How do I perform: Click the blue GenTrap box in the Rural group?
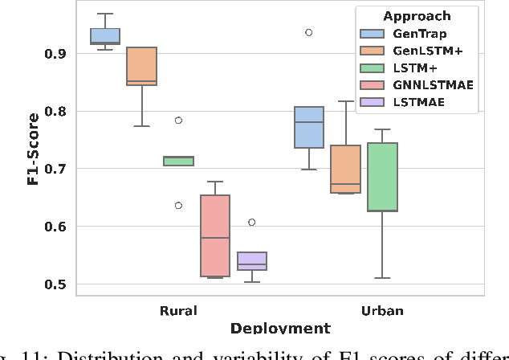pos(104,36)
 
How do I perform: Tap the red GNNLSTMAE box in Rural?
pos(215,235)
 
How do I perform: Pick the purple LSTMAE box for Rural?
pos(252,261)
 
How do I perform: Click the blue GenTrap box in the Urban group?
pos(308,127)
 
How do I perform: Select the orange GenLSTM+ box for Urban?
pos(345,170)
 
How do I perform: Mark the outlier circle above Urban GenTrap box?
pos(308,32)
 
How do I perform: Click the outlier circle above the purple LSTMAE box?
pos(252,223)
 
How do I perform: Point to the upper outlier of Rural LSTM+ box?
pos(178,121)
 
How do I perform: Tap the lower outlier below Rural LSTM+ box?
pos(178,205)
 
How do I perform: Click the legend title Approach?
pos(417,16)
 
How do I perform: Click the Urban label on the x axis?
pos(382,310)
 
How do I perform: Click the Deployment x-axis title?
pos(280,328)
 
